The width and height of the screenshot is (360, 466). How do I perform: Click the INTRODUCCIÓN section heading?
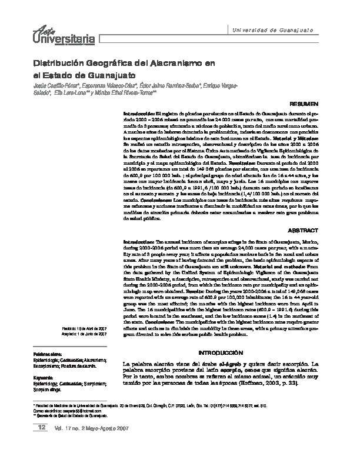pos(222,351)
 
